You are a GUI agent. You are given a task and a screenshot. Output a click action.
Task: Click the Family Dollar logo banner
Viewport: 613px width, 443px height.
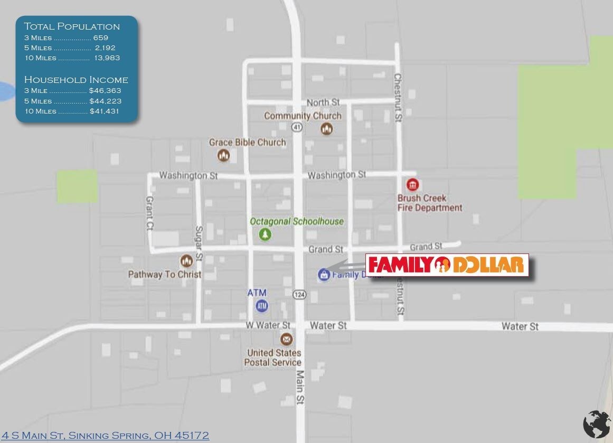coord(447,265)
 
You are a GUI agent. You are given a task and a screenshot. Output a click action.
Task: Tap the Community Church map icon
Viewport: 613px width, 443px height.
coord(327,128)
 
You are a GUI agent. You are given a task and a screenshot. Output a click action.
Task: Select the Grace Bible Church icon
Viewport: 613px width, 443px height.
coord(224,155)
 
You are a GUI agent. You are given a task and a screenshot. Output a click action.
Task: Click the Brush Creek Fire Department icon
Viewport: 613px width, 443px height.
coord(413,185)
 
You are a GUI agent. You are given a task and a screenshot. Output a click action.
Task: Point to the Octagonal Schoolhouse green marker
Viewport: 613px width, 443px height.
coord(265,234)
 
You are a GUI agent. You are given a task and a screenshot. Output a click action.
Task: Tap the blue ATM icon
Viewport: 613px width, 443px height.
coord(261,305)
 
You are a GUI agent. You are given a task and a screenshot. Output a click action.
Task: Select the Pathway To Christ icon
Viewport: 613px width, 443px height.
coord(186,261)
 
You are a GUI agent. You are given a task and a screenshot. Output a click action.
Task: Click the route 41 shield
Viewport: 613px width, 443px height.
coord(297,127)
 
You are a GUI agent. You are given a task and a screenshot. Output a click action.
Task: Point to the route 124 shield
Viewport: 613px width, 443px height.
coord(299,295)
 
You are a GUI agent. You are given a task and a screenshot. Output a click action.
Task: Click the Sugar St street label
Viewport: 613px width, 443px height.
coord(199,243)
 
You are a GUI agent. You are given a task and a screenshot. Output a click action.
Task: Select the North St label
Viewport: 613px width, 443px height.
coord(323,102)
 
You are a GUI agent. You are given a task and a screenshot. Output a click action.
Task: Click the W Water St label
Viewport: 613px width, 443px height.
coord(268,325)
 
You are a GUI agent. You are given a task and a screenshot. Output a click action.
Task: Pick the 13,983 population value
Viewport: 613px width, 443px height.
coord(107,58)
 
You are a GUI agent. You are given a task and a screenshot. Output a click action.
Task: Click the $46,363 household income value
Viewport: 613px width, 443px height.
coord(105,91)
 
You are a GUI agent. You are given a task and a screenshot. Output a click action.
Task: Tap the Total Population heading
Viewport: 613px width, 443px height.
coord(72,26)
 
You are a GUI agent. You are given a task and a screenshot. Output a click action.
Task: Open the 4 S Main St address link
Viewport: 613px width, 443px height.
coord(106,436)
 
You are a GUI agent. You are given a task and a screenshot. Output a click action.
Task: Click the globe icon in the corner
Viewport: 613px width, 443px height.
coord(597,424)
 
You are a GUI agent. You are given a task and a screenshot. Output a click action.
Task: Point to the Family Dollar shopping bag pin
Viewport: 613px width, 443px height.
coord(324,275)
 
